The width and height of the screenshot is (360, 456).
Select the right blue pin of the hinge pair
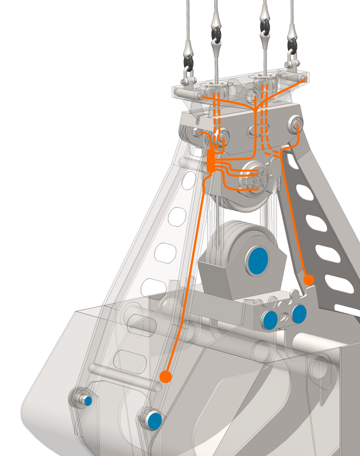point(299,314)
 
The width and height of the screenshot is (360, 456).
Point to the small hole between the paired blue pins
point(285,316)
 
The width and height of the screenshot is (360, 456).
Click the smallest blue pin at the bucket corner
point(88,400)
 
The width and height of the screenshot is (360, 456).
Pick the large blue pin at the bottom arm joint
point(154,420)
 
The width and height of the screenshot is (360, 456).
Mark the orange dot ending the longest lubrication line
point(165,376)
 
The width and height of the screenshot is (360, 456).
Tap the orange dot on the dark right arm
point(309,279)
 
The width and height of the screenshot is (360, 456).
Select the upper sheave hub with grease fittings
point(257,178)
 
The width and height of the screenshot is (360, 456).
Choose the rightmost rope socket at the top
point(292,43)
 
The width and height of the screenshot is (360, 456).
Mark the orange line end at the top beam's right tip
point(303,80)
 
